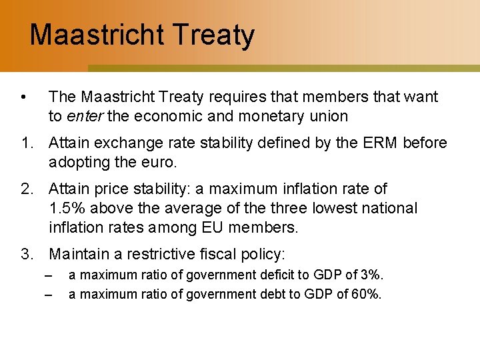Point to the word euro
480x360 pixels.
[159, 162]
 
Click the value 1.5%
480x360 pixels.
[66, 208]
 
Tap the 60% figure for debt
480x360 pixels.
[365, 294]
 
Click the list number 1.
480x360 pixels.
[27, 143]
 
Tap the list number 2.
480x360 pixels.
[27, 189]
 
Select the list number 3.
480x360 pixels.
[27, 254]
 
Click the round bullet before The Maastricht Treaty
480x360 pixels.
[24, 97]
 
